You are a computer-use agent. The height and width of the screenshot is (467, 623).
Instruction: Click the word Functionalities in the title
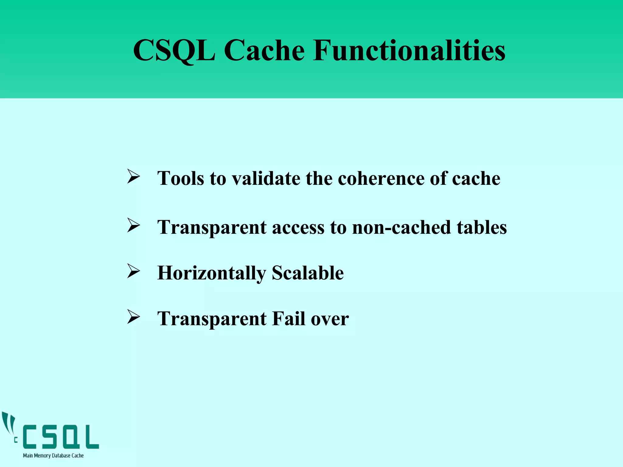pyautogui.click(x=409, y=50)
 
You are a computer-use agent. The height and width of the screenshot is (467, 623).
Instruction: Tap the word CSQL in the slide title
pyautogui.click(x=174, y=50)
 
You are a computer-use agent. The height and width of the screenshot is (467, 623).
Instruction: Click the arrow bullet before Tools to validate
pyautogui.click(x=133, y=177)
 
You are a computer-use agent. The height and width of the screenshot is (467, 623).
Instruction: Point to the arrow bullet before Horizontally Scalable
pyautogui.click(x=133, y=271)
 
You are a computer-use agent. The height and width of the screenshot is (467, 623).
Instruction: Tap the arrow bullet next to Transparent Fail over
pyautogui.click(x=133, y=317)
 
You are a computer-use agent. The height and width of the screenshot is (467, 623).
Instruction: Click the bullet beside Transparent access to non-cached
pyautogui.click(x=133, y=226)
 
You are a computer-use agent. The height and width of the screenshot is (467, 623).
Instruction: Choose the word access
pyautogui.click(x=298, y=227)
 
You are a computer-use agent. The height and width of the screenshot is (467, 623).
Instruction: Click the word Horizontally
pyautogui.click(x=211, y=273)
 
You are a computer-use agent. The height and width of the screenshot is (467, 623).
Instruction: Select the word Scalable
pyautogui.click(x=308, y=273)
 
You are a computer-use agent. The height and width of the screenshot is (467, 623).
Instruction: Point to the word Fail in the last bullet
pyautogui.click(x=289, y=319)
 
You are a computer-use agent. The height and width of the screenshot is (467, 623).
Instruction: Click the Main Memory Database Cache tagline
pyautogui.click(x=53, y=455)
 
